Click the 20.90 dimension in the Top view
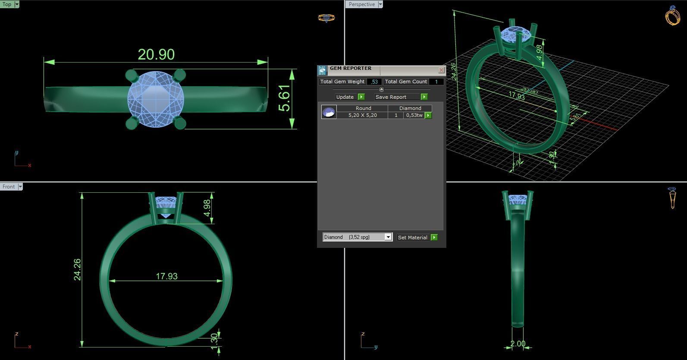(x=156, y=55)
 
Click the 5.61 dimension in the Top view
(x=284, y=98)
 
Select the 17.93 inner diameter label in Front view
(x=166, y=276)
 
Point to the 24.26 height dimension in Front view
(x=77, y=269)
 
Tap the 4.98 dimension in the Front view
(x=207, y=208)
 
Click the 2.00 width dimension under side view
(x=518, y=344)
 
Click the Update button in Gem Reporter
(x=345, y=97)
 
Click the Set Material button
(x=413, y=238)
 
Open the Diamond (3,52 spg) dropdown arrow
(x=388, y=237)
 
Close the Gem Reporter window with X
(x=441, y=70)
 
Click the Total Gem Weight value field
(x=374, y=81)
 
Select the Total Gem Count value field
(x=436, y=81)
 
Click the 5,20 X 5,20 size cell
(x=362, y=115)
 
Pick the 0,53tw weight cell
(x=414, y=115)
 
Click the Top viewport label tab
(x=7, y=4)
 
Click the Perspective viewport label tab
(x=361, y=4)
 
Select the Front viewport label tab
(x=9, y=187)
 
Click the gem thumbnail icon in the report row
(x=329, y=112)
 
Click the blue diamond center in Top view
(x=156, y=99)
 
